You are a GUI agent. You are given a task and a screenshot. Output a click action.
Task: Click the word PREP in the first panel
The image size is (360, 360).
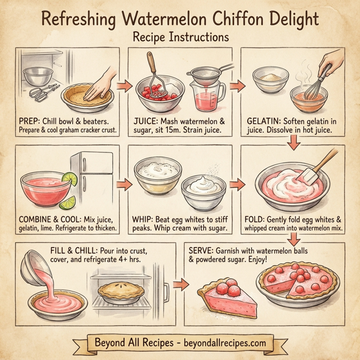pyautogui.click(x=31, y=120)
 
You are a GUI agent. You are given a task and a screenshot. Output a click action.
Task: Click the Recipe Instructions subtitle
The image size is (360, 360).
pyautogui.click(x=180, y=37)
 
